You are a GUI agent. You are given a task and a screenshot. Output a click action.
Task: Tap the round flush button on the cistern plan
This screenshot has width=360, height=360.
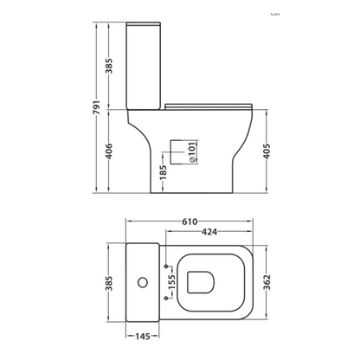coord(138,282)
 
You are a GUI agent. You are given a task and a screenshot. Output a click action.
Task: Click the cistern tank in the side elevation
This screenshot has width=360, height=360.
coord(144,61)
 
